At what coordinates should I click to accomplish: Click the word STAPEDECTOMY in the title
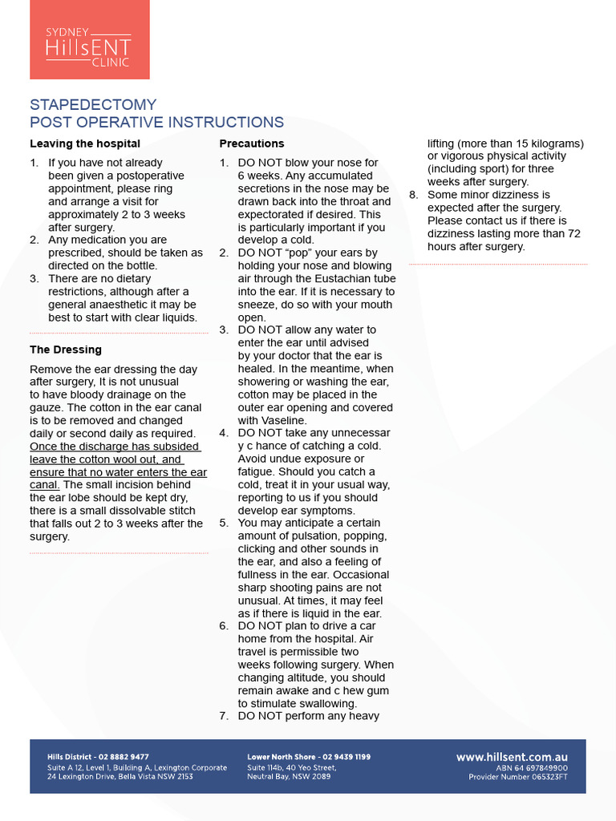coord(93,105)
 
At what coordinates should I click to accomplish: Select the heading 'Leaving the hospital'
coord(85,144)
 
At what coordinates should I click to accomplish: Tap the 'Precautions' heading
coord(252,144)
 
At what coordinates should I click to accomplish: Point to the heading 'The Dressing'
coord(66,350)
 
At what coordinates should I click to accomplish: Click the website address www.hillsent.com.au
coord(512,757)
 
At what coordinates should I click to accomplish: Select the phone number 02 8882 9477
coord(123,757)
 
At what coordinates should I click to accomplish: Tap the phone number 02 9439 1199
coord(346,757)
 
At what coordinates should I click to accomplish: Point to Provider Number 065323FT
coord(518,777)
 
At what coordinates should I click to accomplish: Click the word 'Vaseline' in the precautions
coord(281,420)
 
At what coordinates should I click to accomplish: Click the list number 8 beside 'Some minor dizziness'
coord(413,195)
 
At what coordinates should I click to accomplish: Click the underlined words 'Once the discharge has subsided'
coord(115,447)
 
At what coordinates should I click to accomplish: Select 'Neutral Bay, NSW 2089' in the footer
coord(289,777)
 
